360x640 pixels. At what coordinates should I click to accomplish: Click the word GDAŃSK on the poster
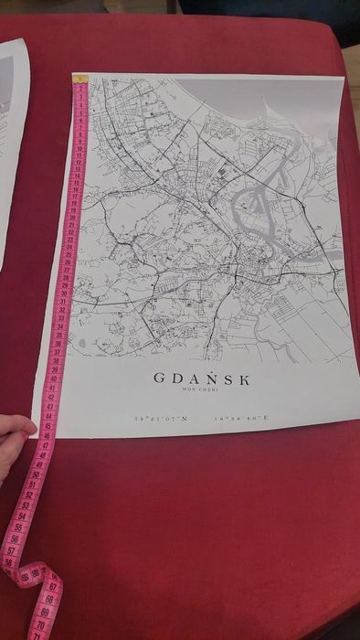click(200, 378)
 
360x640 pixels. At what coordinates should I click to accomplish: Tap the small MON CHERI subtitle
click(200, 391)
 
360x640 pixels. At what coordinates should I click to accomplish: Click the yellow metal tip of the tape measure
click(81, 80)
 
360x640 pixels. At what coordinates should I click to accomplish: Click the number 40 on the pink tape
click(53, 379)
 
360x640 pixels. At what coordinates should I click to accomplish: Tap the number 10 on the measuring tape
click(78, 146)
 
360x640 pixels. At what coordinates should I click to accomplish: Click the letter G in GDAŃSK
click(161, 378)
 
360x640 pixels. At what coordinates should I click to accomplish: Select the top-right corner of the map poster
click(339, 78)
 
